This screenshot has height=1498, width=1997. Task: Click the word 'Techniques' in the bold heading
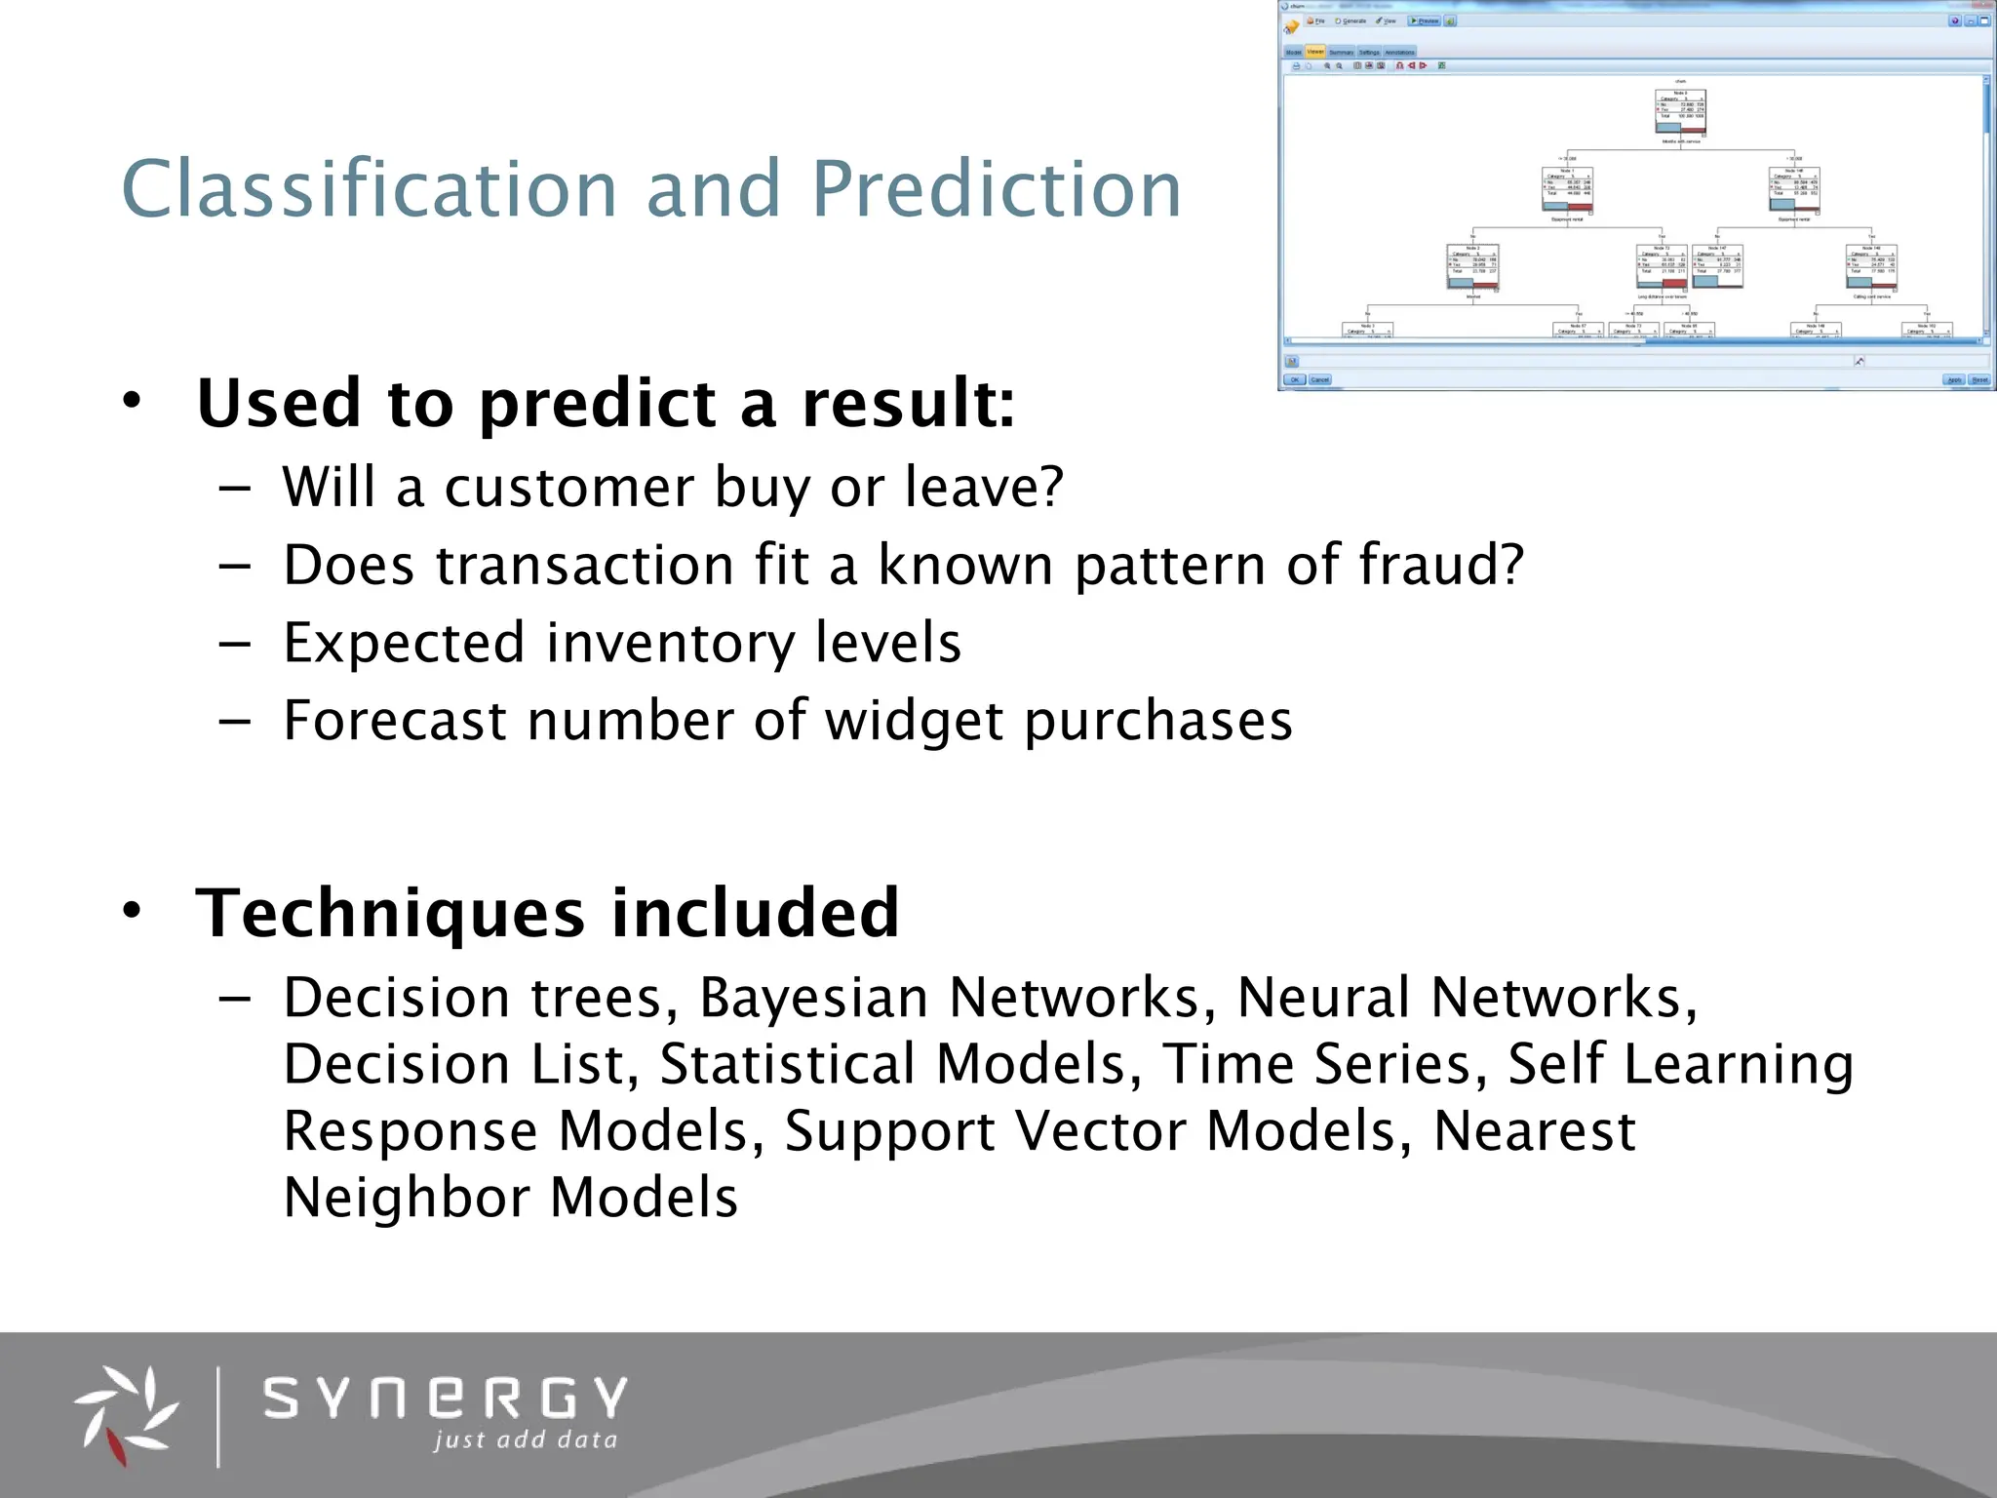coord(390,913)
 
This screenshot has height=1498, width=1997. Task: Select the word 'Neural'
coord(1322,998)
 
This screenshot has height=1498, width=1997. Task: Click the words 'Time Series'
coord(1316,1064)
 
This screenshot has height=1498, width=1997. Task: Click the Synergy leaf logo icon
coord(125,1413)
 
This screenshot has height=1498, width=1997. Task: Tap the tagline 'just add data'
coord(525,1439)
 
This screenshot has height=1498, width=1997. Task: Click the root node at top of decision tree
coord(1680,112)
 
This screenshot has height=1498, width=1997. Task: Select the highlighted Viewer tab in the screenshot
coord(1315,52)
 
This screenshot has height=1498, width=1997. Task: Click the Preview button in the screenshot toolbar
coord(1425,20)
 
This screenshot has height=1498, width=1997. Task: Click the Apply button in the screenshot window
coord(1953,380)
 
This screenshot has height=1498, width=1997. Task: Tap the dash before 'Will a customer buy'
coord(235,488)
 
